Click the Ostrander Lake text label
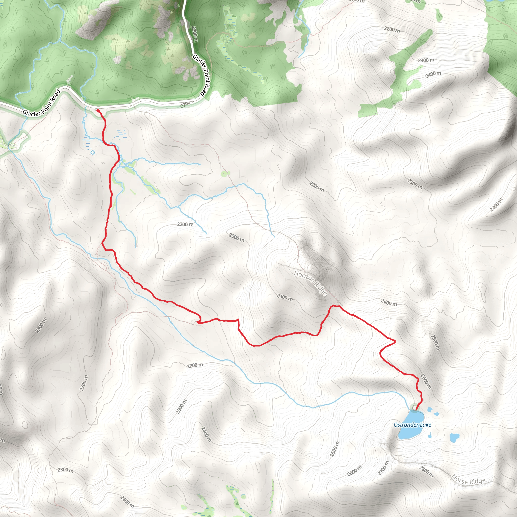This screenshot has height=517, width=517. click(412, 425)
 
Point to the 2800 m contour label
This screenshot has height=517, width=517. click(426, 472)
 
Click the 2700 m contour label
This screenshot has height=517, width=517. click(383, 468)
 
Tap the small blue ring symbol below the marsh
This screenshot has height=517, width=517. click(93, 152)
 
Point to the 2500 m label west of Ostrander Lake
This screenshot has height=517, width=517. click(334, 449)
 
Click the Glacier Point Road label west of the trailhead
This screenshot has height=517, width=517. click(41, 103)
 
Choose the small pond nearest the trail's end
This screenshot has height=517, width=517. click(430, 409)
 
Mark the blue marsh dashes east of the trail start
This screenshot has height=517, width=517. click(121, 134)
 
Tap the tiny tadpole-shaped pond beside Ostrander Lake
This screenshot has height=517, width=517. click(430, 436)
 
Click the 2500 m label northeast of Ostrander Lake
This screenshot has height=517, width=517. click(435, 342)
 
